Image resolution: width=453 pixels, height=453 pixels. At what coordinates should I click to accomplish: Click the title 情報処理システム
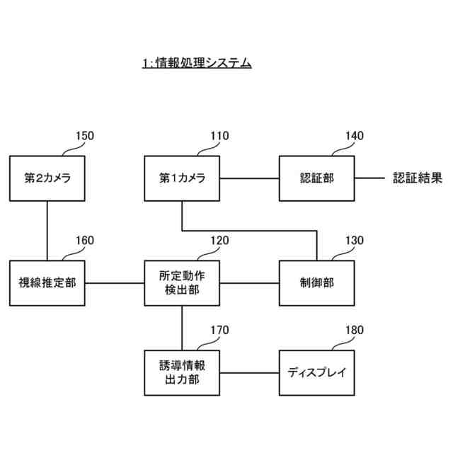(x=197, y=64)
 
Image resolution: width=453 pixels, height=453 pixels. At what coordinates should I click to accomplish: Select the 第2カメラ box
(x=47, y=178)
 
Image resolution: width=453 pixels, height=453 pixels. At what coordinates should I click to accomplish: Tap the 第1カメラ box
(x=182, y=178)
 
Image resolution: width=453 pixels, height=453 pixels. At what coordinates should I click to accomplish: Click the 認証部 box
(x=317, y=178)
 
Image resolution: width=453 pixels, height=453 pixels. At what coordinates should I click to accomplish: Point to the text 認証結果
(x=418, y=178)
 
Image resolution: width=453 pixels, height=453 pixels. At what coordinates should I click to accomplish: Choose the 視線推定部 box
(x=47, y=283)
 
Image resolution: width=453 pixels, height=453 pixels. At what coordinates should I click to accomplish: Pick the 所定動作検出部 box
(x=182, y=283)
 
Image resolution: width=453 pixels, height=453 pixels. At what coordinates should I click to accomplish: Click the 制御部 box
(x=317, y=283)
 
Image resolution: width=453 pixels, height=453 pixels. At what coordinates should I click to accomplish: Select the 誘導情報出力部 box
(x=182, y=372)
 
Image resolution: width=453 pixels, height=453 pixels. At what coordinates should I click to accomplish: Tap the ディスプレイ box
(x=317, y=372)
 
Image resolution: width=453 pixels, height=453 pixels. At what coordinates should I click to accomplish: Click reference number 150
(x=84, y=136)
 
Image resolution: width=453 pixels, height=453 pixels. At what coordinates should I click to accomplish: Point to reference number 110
(x=219, y=136)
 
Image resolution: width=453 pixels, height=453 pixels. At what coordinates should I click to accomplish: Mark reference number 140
(x=354, y=136)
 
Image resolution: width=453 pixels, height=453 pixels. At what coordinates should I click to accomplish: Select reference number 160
(x=84, y=241)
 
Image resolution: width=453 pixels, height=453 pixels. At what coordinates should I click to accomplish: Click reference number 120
(x=219, y=241)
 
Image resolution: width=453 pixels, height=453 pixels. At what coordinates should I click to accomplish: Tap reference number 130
(x=354, y=241)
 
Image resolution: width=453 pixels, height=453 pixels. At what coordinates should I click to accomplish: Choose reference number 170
(x=219, y=330)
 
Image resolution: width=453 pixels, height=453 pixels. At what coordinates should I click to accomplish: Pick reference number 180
(x=354, y=330)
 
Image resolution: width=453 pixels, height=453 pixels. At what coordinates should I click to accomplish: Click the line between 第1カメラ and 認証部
(x=250, y=178)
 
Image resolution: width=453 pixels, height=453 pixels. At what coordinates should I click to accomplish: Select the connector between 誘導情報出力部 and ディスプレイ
(x=250, y=372)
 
